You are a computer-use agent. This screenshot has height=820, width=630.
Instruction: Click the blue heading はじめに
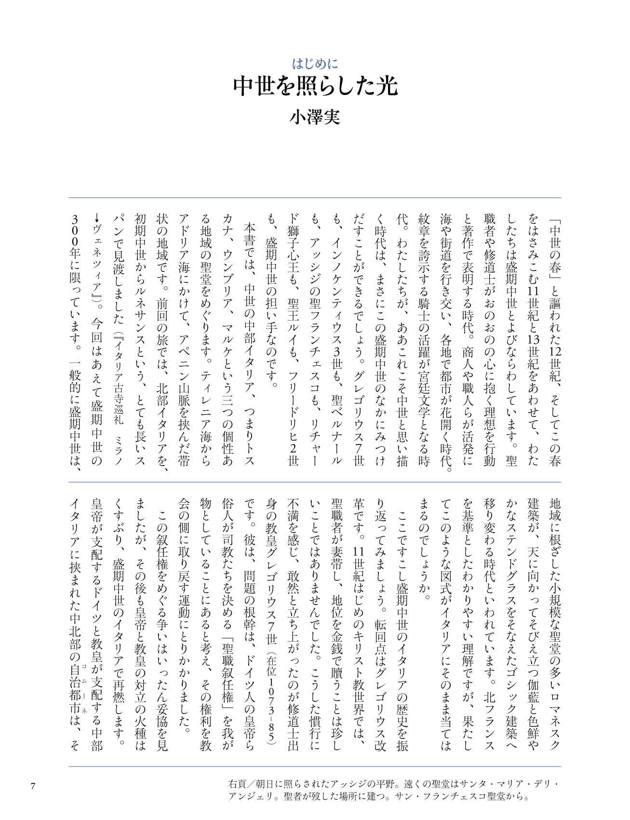pyautogui.click(x=315, y=64)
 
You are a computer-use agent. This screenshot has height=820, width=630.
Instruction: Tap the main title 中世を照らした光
pyautogui.click(x=315, y=87)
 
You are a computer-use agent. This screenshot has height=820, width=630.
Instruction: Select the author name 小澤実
pyautogui.click(x=315, y=117)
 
